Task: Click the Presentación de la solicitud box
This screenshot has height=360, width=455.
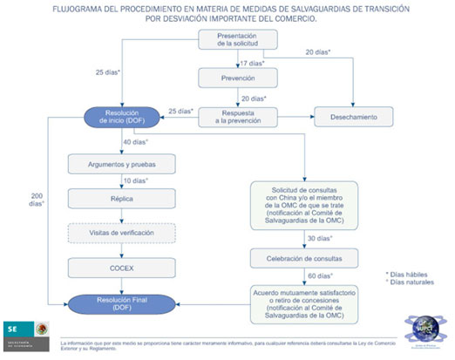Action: point(238,40)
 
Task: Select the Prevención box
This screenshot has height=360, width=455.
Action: point(238,78)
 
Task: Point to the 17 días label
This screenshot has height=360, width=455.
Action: point(254,63)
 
